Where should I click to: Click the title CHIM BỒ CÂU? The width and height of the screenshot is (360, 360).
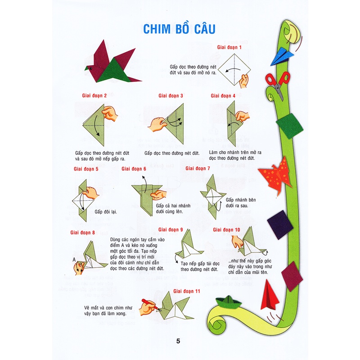179,27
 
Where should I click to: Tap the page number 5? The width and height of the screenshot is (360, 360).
178,341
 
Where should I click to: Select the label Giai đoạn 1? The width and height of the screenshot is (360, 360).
229,47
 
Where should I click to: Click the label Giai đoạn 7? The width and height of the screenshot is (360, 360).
198,168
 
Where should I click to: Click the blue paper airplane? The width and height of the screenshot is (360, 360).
282,55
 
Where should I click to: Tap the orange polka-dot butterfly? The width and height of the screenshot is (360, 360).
275,173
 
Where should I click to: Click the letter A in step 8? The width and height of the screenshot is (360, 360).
73,260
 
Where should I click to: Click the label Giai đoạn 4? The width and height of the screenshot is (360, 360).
223,96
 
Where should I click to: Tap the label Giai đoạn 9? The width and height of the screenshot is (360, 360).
170,229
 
